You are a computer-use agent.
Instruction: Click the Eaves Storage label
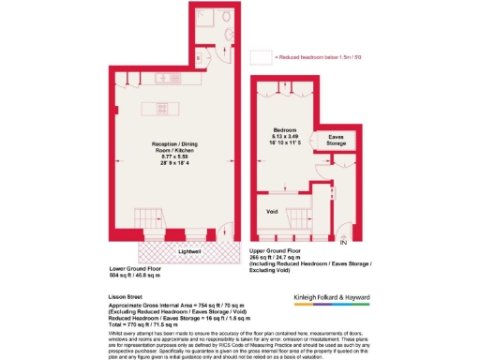tap(335, 142)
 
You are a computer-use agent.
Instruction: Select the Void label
tap(273, 211)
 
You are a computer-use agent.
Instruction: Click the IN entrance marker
tap(356, 244)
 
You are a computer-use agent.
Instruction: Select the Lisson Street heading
tap(123, 292)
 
